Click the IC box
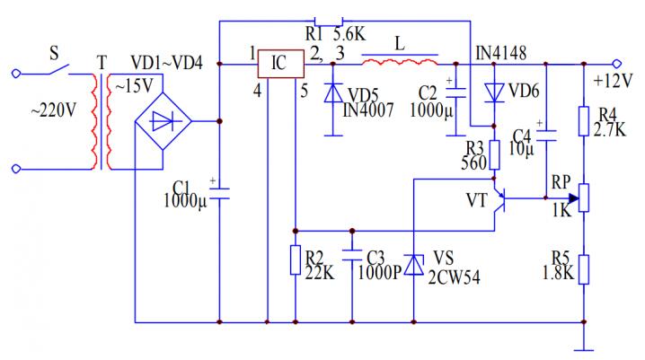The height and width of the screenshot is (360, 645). point(279,65)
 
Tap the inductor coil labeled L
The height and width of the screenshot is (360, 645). point(400,62)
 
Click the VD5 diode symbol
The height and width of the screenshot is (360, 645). point(333,92)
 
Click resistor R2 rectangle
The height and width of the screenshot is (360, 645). point(295,260)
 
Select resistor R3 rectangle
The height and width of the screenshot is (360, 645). point(494,155)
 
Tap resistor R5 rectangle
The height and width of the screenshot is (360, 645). point(584,268)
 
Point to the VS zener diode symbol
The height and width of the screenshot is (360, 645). point(412,264)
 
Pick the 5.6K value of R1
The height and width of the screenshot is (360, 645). point(350,35)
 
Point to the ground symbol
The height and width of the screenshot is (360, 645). point(584,346)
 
